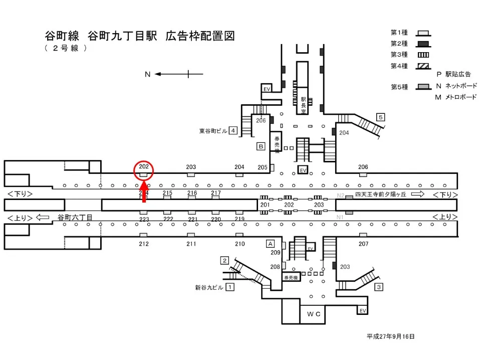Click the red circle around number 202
pyautogui.click(x=143, y=170)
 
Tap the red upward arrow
pyautogui.click(x=144, y=194)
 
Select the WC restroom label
pyautogui.click(x=314, y=314)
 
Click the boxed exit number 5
pyautogui.click(x=381, y=117)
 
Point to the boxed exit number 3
pyautogui.click(x=379, y=287)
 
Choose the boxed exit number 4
pyautogui.click(x=233, y=131)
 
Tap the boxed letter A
pyautogui.click(x=270, y=243)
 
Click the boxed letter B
pyautogui.click(x=261, y=146)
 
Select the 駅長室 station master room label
pyautogui.click(x=303, y=105)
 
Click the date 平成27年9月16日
pyautogui.click(x=391, y=336)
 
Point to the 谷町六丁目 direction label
pyautogui.click(x=75, y=218)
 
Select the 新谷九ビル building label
pyautogui.click(x=209, y=288)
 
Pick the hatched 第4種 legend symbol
pyautogui.click(x=422, y=66)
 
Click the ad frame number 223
pyautogui.click(x=144, y=219)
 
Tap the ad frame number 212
pyautogui.click(x=144, y=244)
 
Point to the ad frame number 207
pyautogui.click(x=363, y=244)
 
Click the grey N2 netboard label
pyautogui.click(x=340, y=196)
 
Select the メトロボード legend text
pyautogui.click(x=459, y=97)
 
